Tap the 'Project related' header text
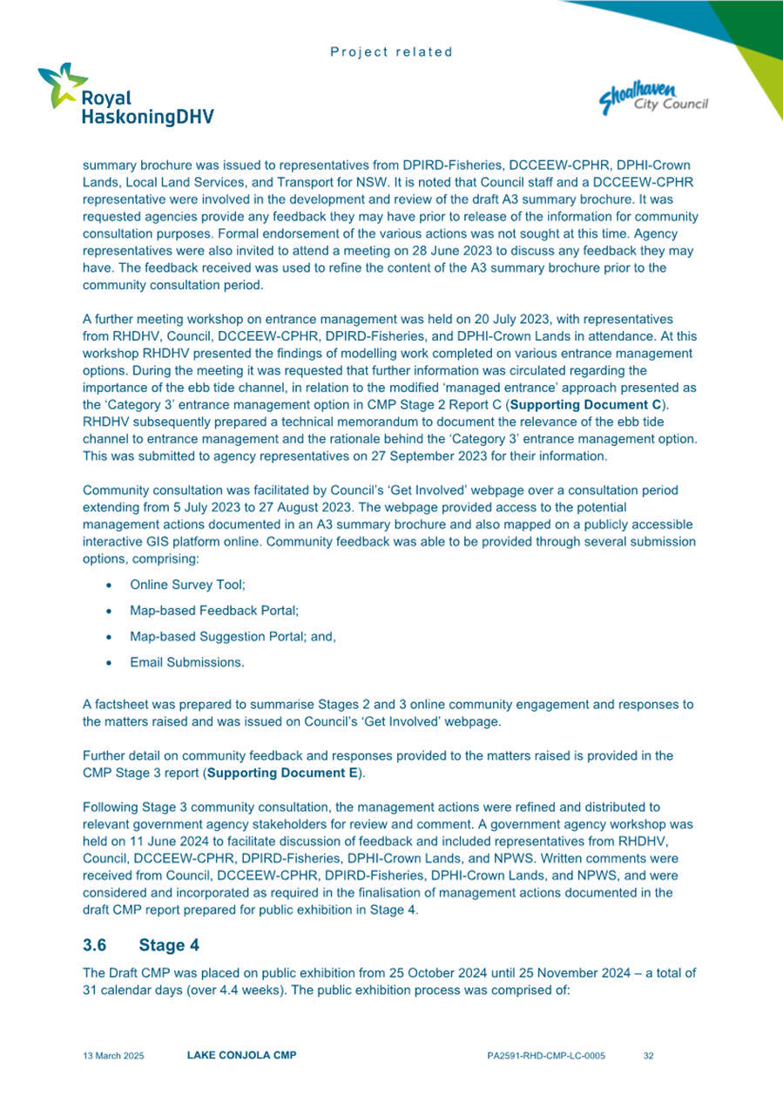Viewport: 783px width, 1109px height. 392,51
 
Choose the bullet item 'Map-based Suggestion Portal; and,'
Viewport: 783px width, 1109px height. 233,637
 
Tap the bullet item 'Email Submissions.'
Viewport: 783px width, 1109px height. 187,662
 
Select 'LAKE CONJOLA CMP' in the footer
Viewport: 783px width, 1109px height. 242,1056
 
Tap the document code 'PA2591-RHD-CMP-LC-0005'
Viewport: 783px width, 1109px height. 545,1056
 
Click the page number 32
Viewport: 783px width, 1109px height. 648,1056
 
